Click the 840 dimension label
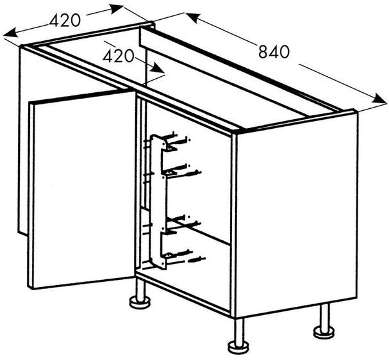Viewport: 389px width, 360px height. click(274, 52)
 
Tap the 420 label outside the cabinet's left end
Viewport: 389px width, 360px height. click(65, 20)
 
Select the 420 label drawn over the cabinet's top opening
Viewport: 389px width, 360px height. click(119, 56)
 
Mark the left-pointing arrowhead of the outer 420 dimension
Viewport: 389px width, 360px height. click(11, 32)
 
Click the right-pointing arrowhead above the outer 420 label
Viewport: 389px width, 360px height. click(117, 9)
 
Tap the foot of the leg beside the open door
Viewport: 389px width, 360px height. click(140, 302)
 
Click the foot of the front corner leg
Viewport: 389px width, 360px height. click(238, 347)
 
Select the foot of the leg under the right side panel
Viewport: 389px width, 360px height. click(324, 332)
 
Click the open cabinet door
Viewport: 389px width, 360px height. click(82, 190)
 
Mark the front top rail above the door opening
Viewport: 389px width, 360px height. click(129, 90)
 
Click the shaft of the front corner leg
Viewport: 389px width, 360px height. click(238, 330)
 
